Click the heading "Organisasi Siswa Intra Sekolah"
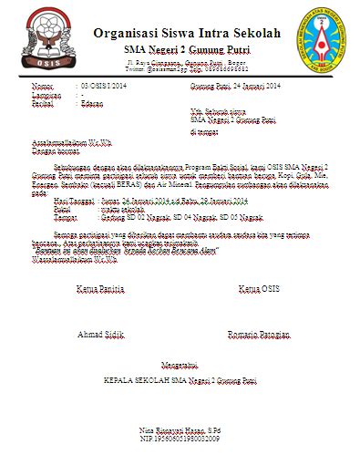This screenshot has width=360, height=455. click(x=186, y=33)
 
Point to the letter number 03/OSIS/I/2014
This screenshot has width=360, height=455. click(x=106, y=85)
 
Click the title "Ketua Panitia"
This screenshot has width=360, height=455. click(x=98, y=289)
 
